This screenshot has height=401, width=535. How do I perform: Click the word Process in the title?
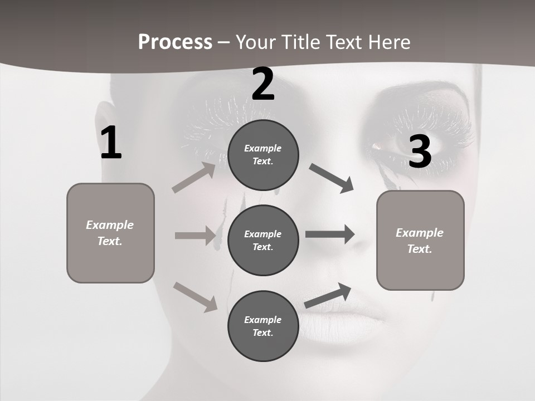click(x=175, y=42)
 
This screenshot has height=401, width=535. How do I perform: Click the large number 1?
click(x=111, y=144)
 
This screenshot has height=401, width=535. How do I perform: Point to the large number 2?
click(x=263, y=85)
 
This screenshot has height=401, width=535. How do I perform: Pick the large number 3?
click(x=420, y=151)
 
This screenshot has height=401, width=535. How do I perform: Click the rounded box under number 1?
click(x=110, y=233)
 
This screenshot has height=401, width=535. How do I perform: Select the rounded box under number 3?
click(x=420, y=240)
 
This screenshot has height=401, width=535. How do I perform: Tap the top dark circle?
click(x=263, y=155)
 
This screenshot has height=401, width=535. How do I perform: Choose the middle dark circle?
click(x=263, y=240)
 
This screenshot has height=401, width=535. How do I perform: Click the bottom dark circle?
click(x=263, y=326)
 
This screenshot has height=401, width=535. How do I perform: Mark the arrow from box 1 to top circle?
click(x=194, y=178)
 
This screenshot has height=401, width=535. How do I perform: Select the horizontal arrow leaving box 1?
click(x=195, y=236)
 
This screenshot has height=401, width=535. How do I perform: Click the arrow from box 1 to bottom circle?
click(x=195, y=296)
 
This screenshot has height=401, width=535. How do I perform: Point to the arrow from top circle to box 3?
click(x=331, y=178)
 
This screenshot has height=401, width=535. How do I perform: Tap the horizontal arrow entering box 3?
click(x=330, y=234)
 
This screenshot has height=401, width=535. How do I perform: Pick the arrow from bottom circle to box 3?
click(x=328, y=296)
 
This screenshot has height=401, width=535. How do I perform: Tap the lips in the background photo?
click(x=340, y=323)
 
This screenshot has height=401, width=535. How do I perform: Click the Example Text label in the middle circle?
click(x=263, y=240)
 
